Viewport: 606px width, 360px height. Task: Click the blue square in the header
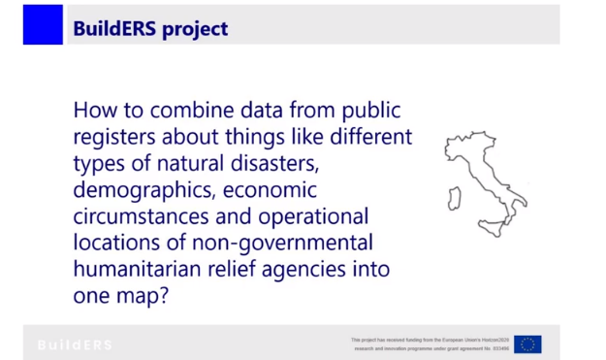(43, 25)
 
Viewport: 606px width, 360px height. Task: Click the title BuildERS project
(150, 28)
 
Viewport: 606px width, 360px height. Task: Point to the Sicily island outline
(493, 229)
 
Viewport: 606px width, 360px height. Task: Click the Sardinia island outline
(453, 198)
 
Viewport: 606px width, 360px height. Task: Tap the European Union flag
(527, 344)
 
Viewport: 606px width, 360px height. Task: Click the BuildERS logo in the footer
(75, 344)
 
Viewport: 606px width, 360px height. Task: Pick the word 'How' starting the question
(93, 111)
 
